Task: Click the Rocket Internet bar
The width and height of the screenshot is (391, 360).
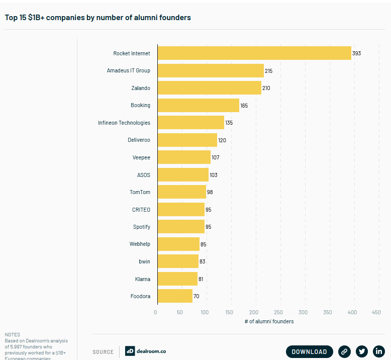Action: (254, 53)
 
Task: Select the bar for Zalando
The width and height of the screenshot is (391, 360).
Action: (209, 88)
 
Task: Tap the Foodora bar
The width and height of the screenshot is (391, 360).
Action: (175, 296)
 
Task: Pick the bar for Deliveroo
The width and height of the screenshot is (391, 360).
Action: (187, 140)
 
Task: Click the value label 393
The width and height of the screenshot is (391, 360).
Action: (357, 53)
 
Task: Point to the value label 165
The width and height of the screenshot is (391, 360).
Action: (244, 106)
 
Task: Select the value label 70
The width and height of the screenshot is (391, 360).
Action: (197, 296)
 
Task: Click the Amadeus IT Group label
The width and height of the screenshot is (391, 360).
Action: (128, 71)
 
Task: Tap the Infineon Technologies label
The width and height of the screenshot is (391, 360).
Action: (124, 123)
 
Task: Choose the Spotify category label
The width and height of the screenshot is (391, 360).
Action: (141, 227)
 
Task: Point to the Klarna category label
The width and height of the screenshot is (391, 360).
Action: (142, 279)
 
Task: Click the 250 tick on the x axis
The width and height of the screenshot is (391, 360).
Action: (278, 312)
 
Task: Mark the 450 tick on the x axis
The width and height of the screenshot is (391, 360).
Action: (376, 312)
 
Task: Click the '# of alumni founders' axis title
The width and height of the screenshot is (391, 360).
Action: (269, 321)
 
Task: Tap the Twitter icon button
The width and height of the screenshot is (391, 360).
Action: (362, 351)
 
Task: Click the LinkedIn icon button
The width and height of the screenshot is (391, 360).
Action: (379, 351)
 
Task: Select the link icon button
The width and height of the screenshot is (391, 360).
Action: (344, 351)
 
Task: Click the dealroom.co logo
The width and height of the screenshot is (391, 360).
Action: (146, 351)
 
